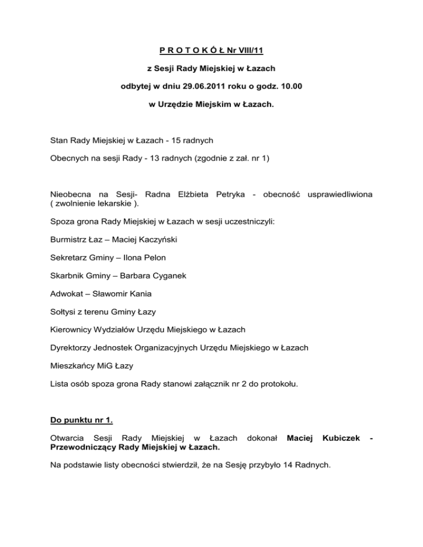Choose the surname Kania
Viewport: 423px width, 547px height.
point(148,293)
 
